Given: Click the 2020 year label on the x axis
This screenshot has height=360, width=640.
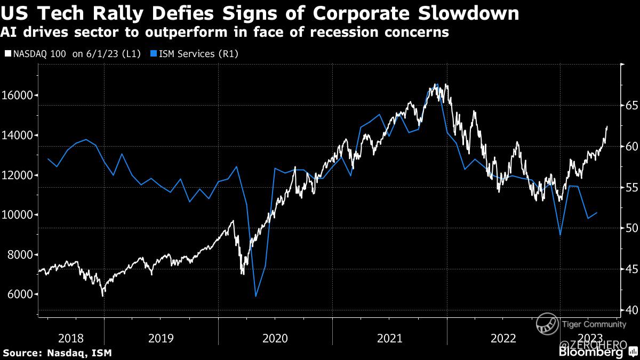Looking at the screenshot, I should click(x=275, y=338).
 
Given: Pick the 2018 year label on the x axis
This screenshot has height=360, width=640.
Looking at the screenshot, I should click(x=71, y=338).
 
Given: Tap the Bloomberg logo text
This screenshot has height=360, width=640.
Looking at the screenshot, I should click(x=590, y=353).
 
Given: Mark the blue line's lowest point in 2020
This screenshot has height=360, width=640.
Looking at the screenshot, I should click(x=256, y=296).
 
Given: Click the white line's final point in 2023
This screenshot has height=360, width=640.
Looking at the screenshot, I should click(x=607, y=127).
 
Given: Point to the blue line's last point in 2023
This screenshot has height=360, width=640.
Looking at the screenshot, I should click(x=597, y=212).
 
